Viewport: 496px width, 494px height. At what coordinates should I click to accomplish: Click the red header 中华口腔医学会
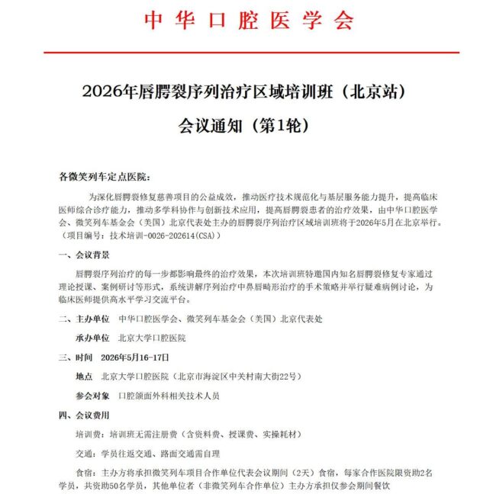pos(249,20)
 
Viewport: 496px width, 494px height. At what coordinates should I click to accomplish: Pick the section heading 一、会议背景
pos(84,257)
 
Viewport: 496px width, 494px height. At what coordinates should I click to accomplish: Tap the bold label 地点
pos(84,377)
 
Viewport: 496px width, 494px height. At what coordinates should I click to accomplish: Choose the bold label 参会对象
pos(92,396)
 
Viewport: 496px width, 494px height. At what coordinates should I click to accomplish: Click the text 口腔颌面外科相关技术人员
pos(169,396)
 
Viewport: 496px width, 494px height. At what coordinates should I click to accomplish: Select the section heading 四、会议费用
pos(84,415)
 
